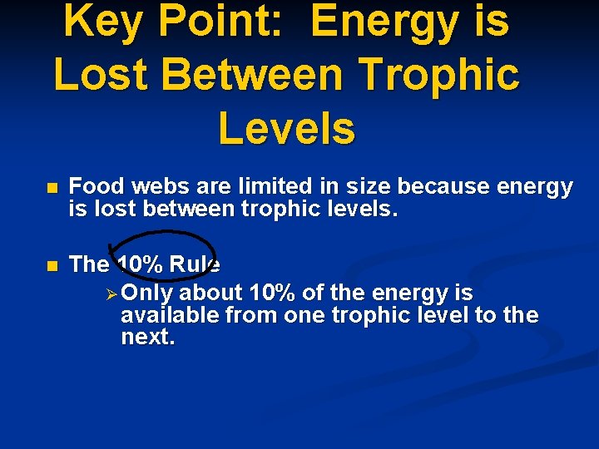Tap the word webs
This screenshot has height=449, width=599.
tap(157, 187)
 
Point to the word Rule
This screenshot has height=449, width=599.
tap(195, 264)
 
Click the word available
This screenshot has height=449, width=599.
tap(166, 315)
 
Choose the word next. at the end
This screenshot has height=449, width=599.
tap(148, 337)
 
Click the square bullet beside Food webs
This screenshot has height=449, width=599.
tap(52, 189)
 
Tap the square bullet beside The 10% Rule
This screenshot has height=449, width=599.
tap(52, 266)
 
